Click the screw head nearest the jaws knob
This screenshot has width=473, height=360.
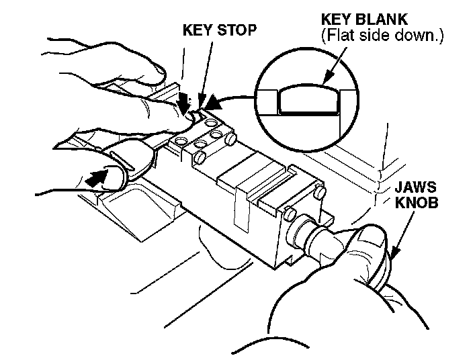pyautogui.click(x=291, y=214)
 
